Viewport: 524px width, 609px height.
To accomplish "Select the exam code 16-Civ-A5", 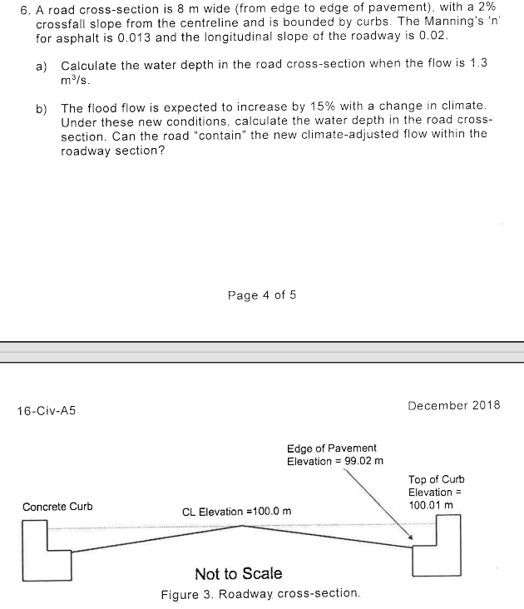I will point(47,410).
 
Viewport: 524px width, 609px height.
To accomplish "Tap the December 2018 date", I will point(454,405).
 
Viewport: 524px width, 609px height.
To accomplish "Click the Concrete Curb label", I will point(57,507).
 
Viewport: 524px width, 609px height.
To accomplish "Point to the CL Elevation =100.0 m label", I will point(237,511).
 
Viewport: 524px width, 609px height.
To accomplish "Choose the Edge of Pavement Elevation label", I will point(332,454).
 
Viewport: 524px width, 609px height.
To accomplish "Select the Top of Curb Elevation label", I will point(436,492).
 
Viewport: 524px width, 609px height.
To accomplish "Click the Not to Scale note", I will point(238,573).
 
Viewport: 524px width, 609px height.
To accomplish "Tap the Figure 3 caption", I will point(261,594).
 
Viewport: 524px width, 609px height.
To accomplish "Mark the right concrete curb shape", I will point(438,549).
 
